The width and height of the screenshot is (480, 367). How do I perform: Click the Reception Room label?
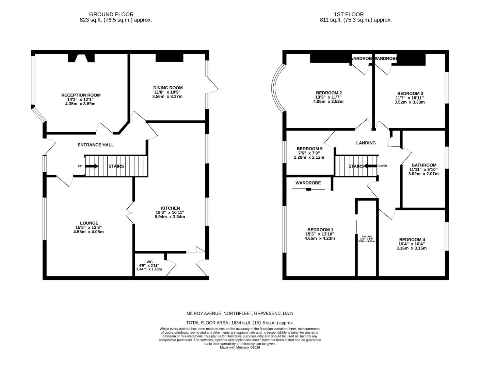81,95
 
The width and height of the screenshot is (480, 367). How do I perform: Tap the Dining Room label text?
168,88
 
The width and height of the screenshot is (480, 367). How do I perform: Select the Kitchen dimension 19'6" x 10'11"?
170,212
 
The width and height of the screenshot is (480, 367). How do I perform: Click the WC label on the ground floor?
149,262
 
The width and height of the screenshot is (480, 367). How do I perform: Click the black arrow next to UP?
92,166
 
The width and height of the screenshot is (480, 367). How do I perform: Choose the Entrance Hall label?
96,145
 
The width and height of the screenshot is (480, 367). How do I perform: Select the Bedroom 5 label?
309,148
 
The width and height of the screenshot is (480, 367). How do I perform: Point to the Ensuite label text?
367,237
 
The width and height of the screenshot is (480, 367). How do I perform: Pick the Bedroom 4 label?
412,239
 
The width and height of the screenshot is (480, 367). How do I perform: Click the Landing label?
366,143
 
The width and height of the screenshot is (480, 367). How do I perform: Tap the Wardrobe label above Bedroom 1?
308,183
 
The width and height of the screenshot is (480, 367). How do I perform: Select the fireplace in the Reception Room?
81,59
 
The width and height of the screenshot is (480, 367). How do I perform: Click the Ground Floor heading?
111,14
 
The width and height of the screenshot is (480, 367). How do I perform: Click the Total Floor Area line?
240,323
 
